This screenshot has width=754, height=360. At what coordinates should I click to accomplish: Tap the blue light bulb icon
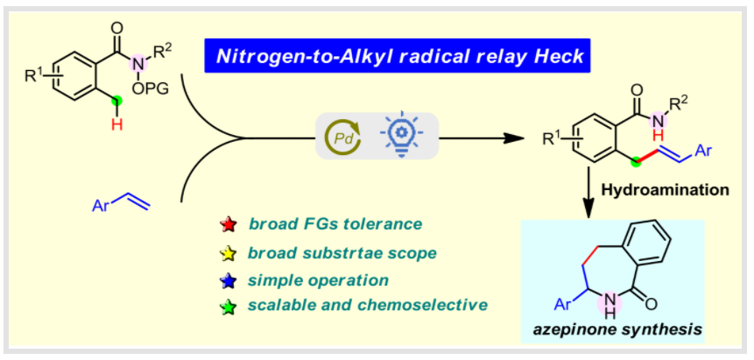point(398,137)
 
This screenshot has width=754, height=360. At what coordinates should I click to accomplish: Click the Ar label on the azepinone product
point(565,303)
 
